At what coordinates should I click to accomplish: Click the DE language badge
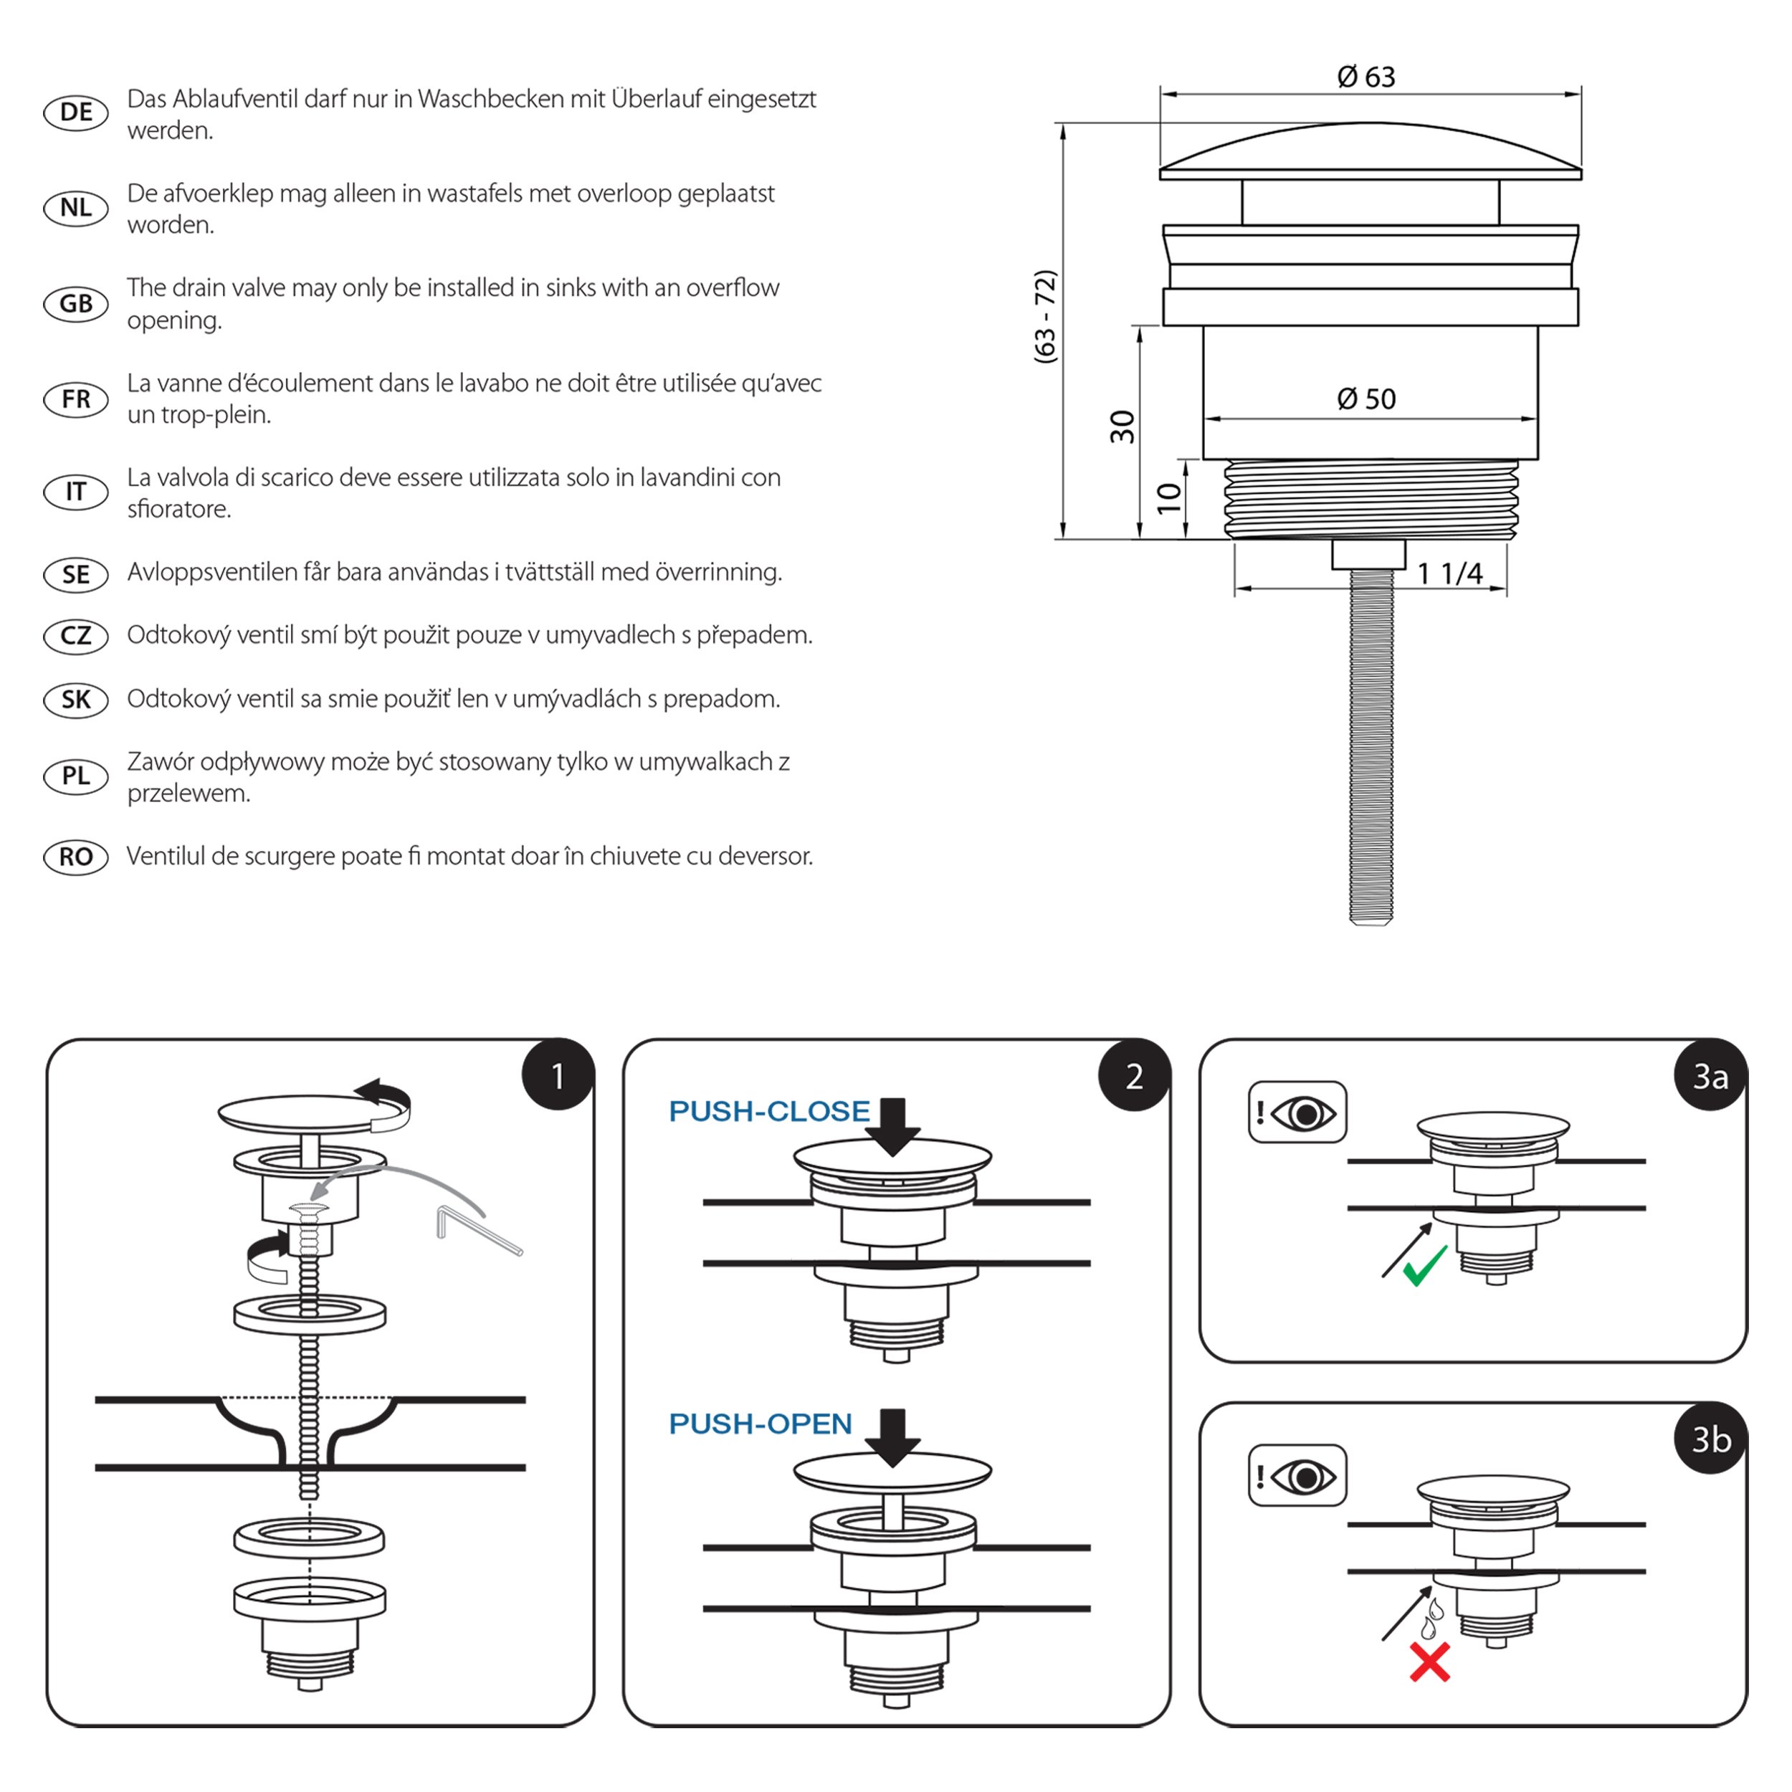click(x=76, y=113)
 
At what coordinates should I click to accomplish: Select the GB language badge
click(x=76, y=303)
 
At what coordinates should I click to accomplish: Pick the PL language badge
click(x=76, y=776)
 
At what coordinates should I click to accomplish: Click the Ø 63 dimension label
click(x=1366, y=77)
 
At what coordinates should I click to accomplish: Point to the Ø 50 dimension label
click(x=1366, y=399)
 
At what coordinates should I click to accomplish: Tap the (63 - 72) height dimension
click(x=1045, y=316)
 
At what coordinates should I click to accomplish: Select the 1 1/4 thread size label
click(x=1450, y=573)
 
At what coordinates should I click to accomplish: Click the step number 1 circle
click(x=558, y=1076)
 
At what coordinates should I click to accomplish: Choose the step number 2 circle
click(x=1133, y=1076)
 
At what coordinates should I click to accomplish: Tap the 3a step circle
click(x=1710, y=1076)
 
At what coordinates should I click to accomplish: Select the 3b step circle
click(x=1710, y=1439)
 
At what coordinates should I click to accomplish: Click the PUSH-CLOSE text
click(x=769, y=1111)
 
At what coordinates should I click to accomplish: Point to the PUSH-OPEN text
click(x=760, y=1424)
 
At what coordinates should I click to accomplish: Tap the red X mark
click(x=1429, y=1663)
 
